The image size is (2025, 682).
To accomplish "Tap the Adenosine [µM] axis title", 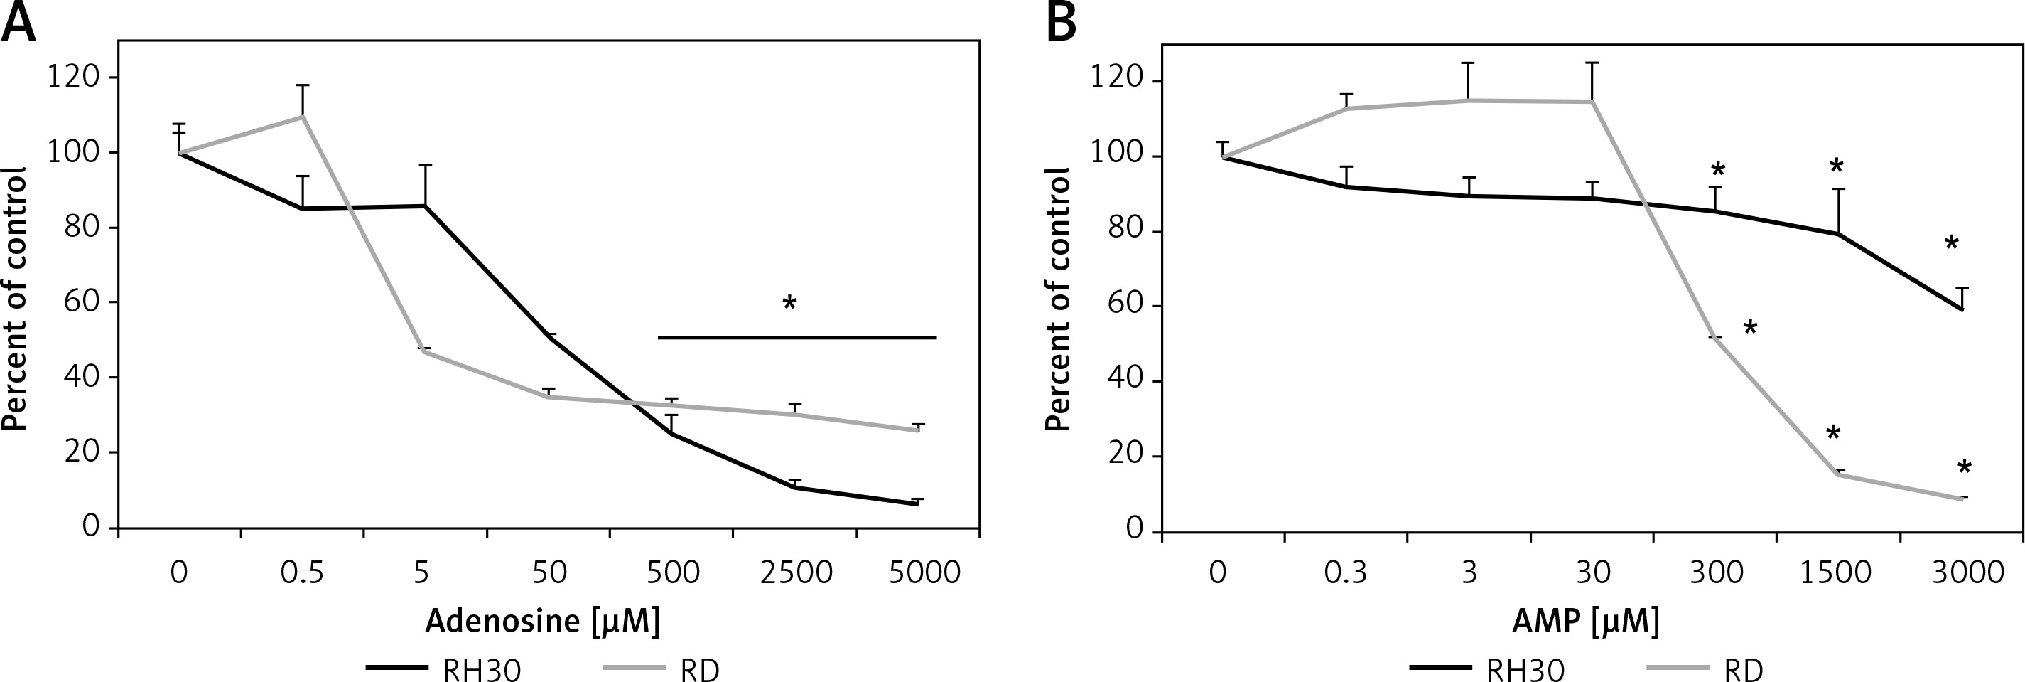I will [542, 622].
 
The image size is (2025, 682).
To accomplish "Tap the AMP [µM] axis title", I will [1586, 622].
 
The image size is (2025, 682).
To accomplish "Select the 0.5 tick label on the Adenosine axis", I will [302, 572].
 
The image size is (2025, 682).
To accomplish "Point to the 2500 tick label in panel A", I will [796, 572].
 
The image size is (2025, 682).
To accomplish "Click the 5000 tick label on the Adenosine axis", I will [924, 572].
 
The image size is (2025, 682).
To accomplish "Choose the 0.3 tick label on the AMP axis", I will [1345, 572].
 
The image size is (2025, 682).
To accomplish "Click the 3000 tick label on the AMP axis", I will [1967, 572].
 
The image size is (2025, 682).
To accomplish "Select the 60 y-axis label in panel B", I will [1125, 306].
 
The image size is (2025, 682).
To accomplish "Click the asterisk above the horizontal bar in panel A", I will [789, 304].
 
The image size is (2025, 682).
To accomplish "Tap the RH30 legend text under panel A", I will [482, 670].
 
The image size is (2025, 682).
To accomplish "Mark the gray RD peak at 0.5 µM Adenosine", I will [303, 117].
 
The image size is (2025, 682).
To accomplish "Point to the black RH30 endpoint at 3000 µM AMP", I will [1962, 310].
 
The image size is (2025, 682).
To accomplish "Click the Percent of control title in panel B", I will [1059, 299].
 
